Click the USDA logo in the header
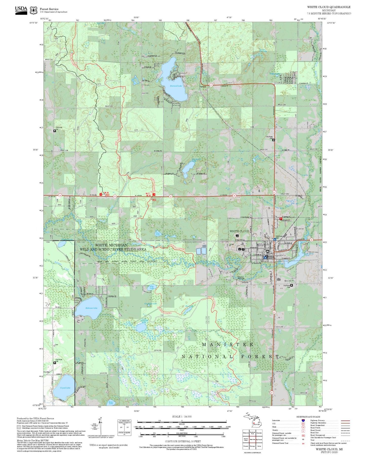(x=21, y=10)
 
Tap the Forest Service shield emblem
(x=33, y=10)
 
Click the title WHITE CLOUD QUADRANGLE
(x=329, y=7)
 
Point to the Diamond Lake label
(x=176, y=86)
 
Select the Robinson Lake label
(x=91, y=308)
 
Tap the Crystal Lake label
(x=65, y=388)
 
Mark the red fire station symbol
(x=281, y=219)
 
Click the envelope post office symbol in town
(x=267, y=251)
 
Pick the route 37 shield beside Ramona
(x=211, y=85)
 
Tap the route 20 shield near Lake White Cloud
(x=312, y=240)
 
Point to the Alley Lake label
(x=152, y=287)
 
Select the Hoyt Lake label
(x=158, y=234)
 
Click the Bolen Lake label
(x=111, y=403)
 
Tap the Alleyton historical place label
(x=241, y=278)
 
